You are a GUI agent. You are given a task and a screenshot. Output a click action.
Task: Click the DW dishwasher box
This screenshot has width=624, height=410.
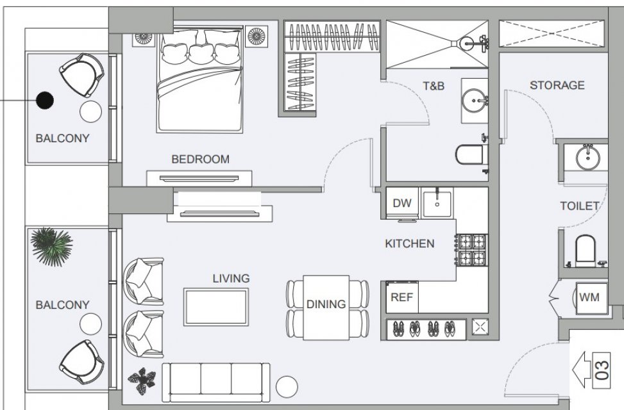pyautogui.click(x=402, y=203)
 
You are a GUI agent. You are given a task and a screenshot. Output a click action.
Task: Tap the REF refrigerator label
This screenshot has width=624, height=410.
pyautogui.click(x=402, y=297)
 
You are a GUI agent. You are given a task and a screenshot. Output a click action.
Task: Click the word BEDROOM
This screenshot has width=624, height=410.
pyautogui.click(x=200, y=160)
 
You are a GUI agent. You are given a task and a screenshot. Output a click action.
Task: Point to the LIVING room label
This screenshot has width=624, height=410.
pyautogui.click(x=232, y=279)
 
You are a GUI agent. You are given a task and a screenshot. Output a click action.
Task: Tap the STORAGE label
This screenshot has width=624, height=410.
pyautogui.click(x=557, y=85)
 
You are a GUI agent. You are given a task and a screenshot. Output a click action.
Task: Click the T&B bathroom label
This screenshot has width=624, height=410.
pyautogui.click(x=434, y=86)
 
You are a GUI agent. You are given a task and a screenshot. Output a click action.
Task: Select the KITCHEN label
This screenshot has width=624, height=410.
pyautogui.click(x=410, y=243)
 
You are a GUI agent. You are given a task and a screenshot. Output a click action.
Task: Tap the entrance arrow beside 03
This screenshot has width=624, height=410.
pyautogui.click(x=582, y=370)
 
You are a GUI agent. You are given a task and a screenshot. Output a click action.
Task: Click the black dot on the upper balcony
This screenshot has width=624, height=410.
pyautogui.click(x=45, y=100)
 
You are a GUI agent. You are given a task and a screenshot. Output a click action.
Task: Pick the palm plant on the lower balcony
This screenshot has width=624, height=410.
pyautogui.click(x=52, y=246)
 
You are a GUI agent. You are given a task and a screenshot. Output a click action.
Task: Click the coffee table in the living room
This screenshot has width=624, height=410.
pyautogui.click(x=216, y=307)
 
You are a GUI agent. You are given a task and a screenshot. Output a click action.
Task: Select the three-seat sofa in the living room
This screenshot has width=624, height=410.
pyautogui.click(x=216, y=382)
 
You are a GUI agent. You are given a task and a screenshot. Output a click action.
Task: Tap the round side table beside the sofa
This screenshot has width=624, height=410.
pyautogui.click(x=287, y=386)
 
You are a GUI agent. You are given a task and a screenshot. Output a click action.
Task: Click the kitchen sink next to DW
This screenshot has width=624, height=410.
pyautogui.click(x=437, y=203)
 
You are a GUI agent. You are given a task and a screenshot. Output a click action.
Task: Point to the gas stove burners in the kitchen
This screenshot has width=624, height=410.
pyautogui.click(x=472, y=250)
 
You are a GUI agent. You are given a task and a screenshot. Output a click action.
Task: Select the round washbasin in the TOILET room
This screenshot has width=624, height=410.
pyautogui.click(x=588, y=157)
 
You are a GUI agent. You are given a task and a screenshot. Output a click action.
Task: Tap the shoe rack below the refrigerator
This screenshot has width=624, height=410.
pyautogui.click(x=426, y=329)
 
